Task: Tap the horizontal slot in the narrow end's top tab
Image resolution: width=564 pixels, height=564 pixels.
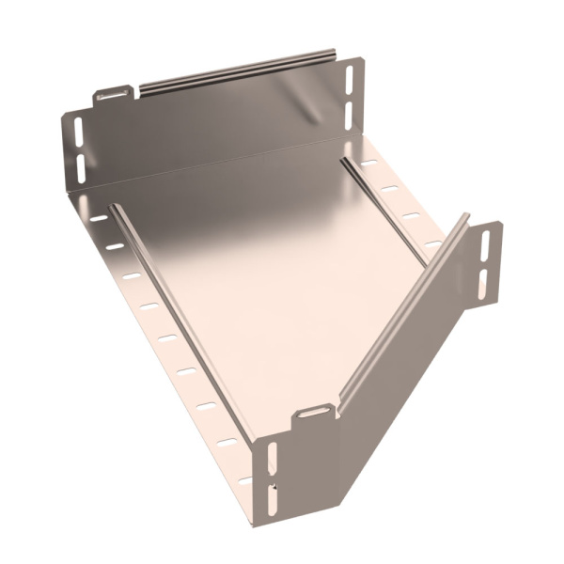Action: click(314, 413)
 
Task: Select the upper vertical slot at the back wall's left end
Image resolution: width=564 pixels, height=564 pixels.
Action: click(77, 131)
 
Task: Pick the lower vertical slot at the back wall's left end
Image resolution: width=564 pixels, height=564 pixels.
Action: click(80, 166)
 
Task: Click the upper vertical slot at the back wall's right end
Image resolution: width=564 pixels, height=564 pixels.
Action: click(350, 79)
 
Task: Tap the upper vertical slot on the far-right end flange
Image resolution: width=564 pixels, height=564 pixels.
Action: click(486, 246)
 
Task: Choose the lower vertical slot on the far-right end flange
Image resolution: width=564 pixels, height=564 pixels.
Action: click(485, 279)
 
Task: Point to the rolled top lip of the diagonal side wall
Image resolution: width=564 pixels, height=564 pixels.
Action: click(404, 310)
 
